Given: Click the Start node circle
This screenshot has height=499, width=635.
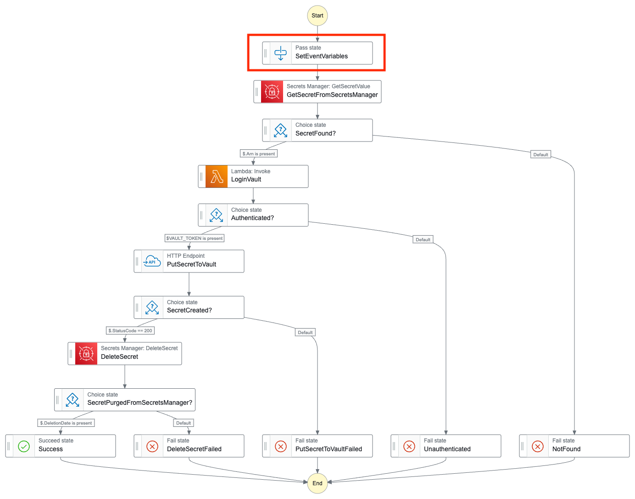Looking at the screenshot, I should click(317, 16).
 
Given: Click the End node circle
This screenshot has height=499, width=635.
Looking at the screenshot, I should click(317, 483).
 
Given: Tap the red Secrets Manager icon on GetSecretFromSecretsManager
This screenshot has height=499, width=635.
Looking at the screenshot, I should click(272, 92).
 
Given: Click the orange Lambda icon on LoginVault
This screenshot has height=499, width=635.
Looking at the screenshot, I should click(217, 176).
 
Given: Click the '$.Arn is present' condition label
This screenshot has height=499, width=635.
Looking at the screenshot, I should click(259, 154).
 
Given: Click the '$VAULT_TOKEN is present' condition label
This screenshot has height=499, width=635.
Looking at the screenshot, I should click(195, 238).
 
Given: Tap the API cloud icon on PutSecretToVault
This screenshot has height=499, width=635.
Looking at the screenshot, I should click(152, 261).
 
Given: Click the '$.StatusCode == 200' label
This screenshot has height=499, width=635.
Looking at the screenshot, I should click(130, 331).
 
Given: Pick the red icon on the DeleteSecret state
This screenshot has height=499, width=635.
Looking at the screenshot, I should click(86, 353).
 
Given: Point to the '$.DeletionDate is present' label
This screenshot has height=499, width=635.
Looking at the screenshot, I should click(66, 423).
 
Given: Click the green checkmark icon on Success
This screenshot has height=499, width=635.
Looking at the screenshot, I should click(24, 446).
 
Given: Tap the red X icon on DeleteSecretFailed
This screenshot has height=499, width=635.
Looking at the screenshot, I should click(152, 446).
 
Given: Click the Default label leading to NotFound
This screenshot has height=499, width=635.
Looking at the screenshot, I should click(540, 155).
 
